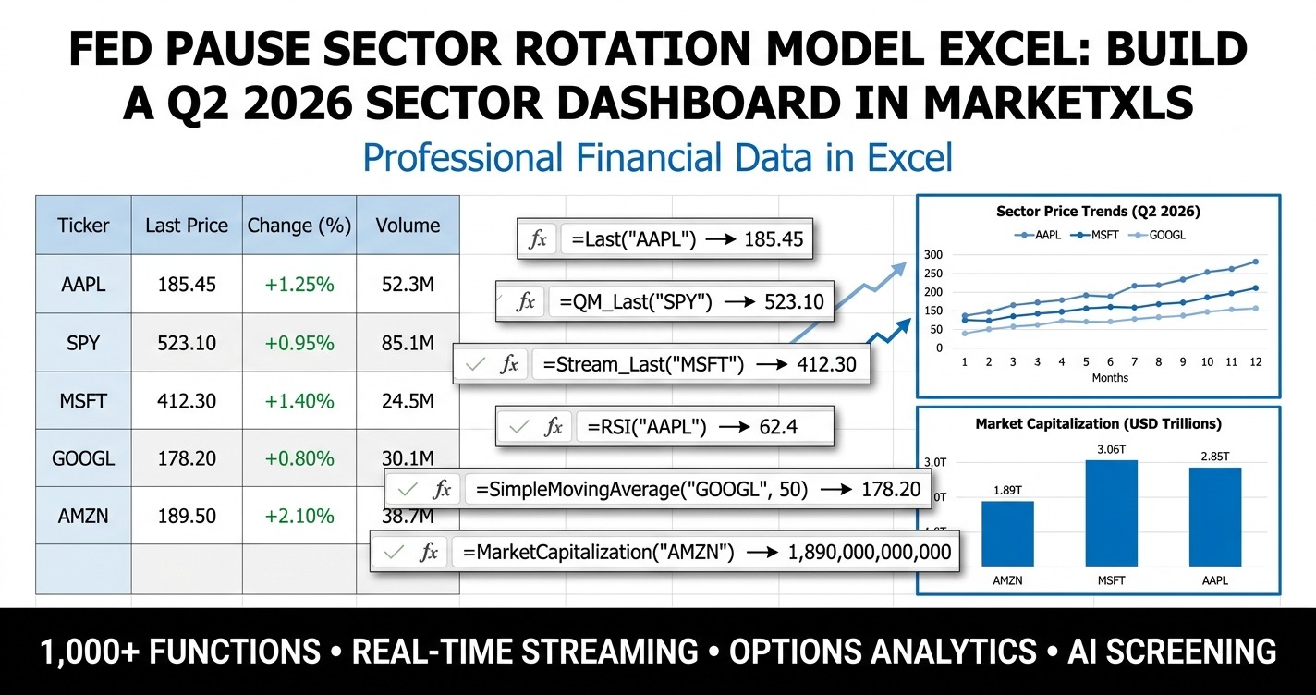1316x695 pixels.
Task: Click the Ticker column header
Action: pos(83,226)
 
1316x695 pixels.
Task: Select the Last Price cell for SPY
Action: pos(187,343)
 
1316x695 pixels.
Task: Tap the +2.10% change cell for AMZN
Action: pos(299,516)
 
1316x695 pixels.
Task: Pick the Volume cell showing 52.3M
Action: pos(408,285)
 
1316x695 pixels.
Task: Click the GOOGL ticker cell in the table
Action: pos(83,458)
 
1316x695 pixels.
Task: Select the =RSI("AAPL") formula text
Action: pos(646,427)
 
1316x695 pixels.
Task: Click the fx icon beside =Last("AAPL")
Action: pos(537,240)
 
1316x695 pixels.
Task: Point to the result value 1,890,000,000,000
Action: pos(869,553)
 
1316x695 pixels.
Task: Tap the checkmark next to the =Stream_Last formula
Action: pos(476,365)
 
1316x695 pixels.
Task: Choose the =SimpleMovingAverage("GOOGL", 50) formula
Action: pos(641,490)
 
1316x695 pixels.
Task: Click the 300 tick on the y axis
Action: pos(932,255)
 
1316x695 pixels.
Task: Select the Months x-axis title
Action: pos(1109,377)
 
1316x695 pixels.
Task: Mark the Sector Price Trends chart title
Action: pos(1098,212)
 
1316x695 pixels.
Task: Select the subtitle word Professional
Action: pos(464,158)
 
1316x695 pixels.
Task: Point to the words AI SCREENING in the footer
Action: pos(1172,652)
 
